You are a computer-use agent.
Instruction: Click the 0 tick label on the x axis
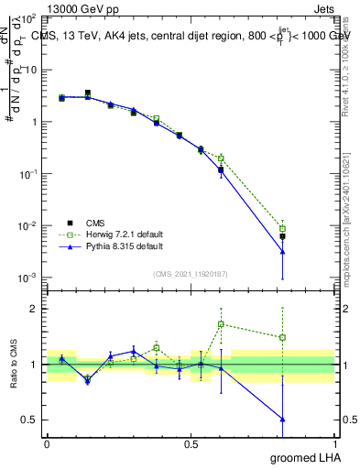click(47, 444)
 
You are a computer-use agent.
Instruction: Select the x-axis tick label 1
click(334, 444)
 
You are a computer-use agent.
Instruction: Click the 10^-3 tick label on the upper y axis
click(28, 278)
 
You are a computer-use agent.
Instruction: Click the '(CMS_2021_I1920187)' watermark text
click(190, 273)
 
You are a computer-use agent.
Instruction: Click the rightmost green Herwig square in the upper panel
click(283, 229)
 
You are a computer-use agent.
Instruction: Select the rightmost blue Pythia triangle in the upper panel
click(283, 252)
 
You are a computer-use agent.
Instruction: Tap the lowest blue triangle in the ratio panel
click(283, 420)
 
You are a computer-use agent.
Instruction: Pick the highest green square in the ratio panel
click(221, 324)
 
